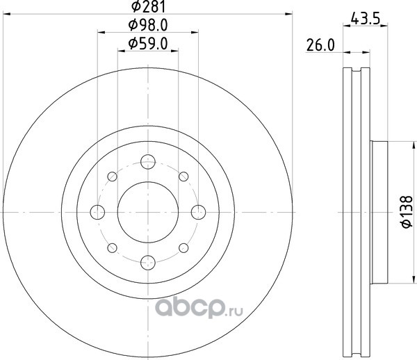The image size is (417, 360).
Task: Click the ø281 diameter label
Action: [x=149, y=6]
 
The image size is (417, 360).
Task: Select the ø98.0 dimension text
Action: [x=148, y=25]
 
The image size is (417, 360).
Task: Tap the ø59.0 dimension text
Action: [x=148, y=44]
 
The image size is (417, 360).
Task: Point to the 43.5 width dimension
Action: [x=366, y=19]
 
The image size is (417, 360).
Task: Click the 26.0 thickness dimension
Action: [x=320, y=45]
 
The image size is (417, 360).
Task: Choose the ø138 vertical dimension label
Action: [x=407, y=212]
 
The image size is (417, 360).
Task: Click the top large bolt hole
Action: [x=148, y=162]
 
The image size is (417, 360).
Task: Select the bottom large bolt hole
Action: [x=148, y=263]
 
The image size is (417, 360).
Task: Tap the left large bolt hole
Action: [x=97, y=212]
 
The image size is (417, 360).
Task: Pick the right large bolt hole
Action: [x=198, y=212]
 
